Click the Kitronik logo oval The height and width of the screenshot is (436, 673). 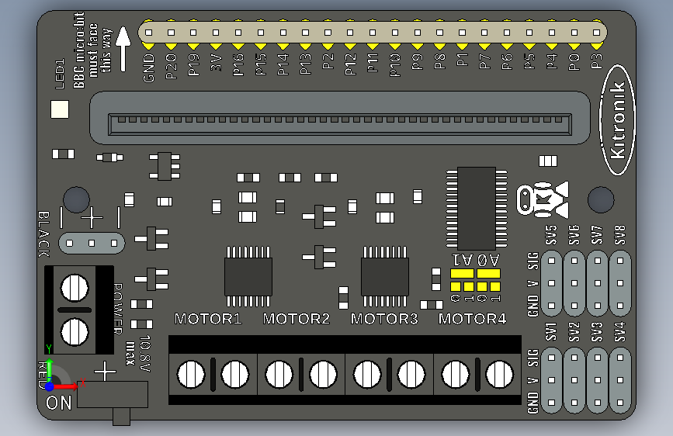(617, 127)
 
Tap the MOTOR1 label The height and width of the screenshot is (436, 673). (208, 319)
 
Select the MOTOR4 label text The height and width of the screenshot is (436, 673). (472, 319)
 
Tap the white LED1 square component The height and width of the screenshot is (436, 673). (60, 109)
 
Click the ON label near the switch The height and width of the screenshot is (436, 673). (59, 403)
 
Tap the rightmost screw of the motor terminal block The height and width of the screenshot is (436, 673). (499, 375)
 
